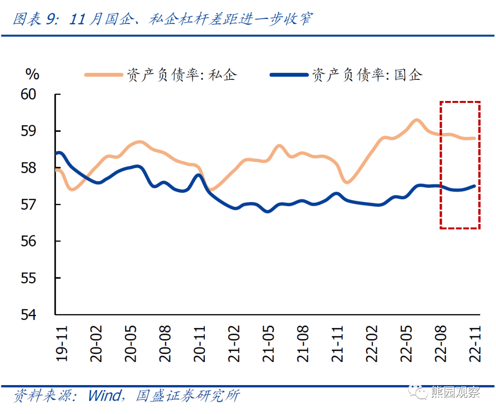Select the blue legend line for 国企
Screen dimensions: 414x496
tap(289, 74)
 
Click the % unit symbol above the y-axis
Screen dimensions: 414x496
tap(32, 74)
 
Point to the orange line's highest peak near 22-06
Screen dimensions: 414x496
tap(417, 120)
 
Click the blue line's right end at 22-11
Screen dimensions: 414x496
tap(474, 186)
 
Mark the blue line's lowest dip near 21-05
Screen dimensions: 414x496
tap(268, 212)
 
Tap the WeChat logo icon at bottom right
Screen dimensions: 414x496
tap(419, 392)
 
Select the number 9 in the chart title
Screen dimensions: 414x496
tap(51, 19)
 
